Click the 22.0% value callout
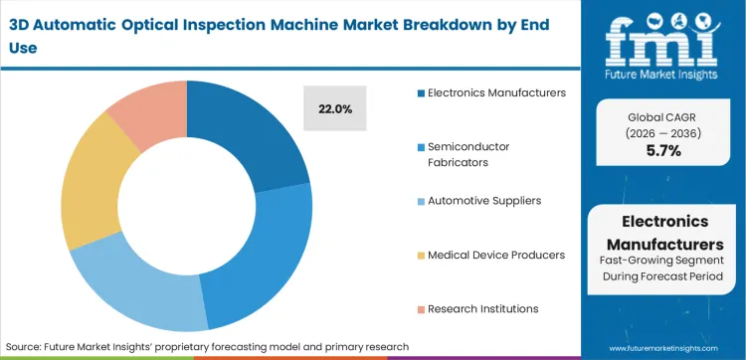pos(334,107)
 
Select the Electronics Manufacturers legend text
pos(496,92)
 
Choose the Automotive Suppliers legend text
pos(484,200)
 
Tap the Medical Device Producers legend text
pos(496,255)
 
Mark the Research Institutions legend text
pos(484,308)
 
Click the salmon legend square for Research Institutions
pos(420,309)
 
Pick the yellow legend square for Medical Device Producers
pos(420,256)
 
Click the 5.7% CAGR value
pos(663,151)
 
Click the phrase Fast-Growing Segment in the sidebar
pos(663,261)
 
